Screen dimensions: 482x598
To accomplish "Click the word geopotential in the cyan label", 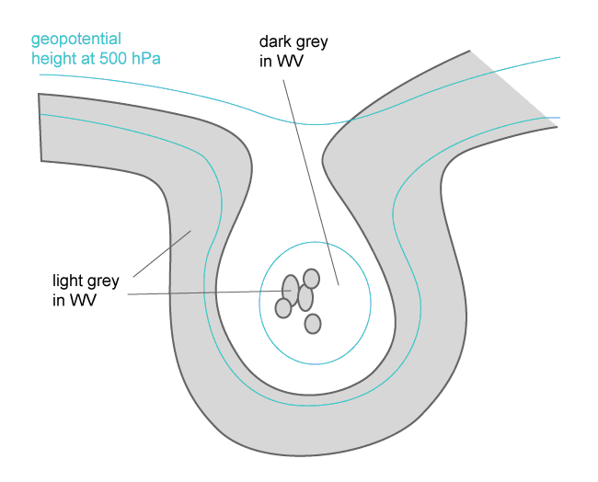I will [76, 40].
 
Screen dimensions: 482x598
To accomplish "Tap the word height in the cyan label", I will [53, 60].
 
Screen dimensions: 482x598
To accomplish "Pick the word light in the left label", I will [67, 279].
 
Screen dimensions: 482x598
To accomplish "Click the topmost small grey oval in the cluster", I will [311, 278].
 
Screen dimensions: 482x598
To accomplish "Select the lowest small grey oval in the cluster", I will [313, 324].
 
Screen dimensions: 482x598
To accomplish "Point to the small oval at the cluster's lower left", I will [284, 308].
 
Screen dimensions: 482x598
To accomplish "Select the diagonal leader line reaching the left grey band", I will [161, 253].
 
